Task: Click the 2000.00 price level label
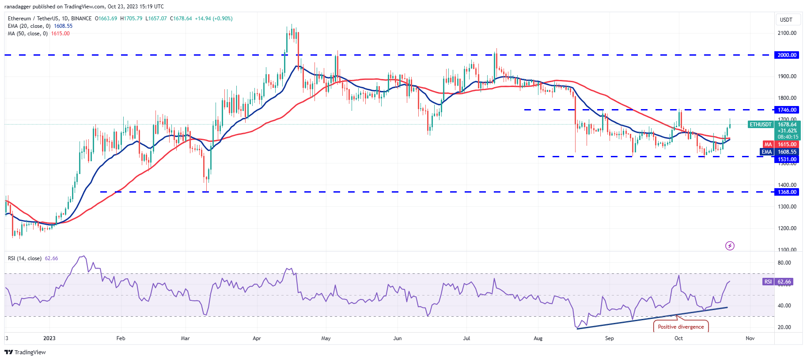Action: click(x=787, y=55)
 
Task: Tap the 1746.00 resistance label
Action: click(x=787, y=110)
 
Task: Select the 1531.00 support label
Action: click(x=787, y=159)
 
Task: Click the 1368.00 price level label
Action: click(x=787, y=192)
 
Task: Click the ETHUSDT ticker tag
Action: click(x=761, y=125)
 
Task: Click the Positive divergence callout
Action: click(x=681, y=327)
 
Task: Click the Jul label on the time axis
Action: click(x=466, y=338)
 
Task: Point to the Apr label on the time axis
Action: click(x=257, y=338)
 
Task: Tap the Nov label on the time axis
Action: click(x=750, y=338)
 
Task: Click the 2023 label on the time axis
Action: click(x=49, y=338)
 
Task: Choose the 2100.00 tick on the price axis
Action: click(x=787, y=33)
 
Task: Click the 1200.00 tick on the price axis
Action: click(x=787, y=228)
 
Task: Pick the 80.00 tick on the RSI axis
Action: click(x=784, y=263)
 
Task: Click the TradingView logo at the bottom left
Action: click(x=25, y=352)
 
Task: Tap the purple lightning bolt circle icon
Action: click(x=730, y=246)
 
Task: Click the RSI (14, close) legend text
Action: click(x=25, y=258)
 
